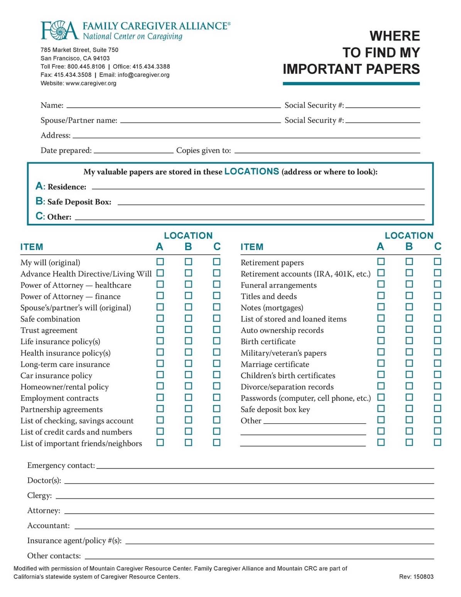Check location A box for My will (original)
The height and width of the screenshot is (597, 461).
160,262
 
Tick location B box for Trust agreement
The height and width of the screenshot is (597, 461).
188,330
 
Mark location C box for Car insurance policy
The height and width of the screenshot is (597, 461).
217,375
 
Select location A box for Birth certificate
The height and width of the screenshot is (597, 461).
381,341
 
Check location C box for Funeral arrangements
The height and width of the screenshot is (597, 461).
437,284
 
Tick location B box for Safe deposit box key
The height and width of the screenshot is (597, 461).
409,409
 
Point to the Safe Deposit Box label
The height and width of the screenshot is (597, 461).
79,202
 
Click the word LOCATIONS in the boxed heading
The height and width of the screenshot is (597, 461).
252,171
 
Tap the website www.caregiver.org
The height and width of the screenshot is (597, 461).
91,83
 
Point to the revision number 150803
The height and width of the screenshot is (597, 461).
423,577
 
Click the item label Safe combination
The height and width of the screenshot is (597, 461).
50,319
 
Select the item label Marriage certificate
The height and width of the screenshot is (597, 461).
275,364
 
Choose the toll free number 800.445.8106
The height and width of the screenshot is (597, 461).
86,66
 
